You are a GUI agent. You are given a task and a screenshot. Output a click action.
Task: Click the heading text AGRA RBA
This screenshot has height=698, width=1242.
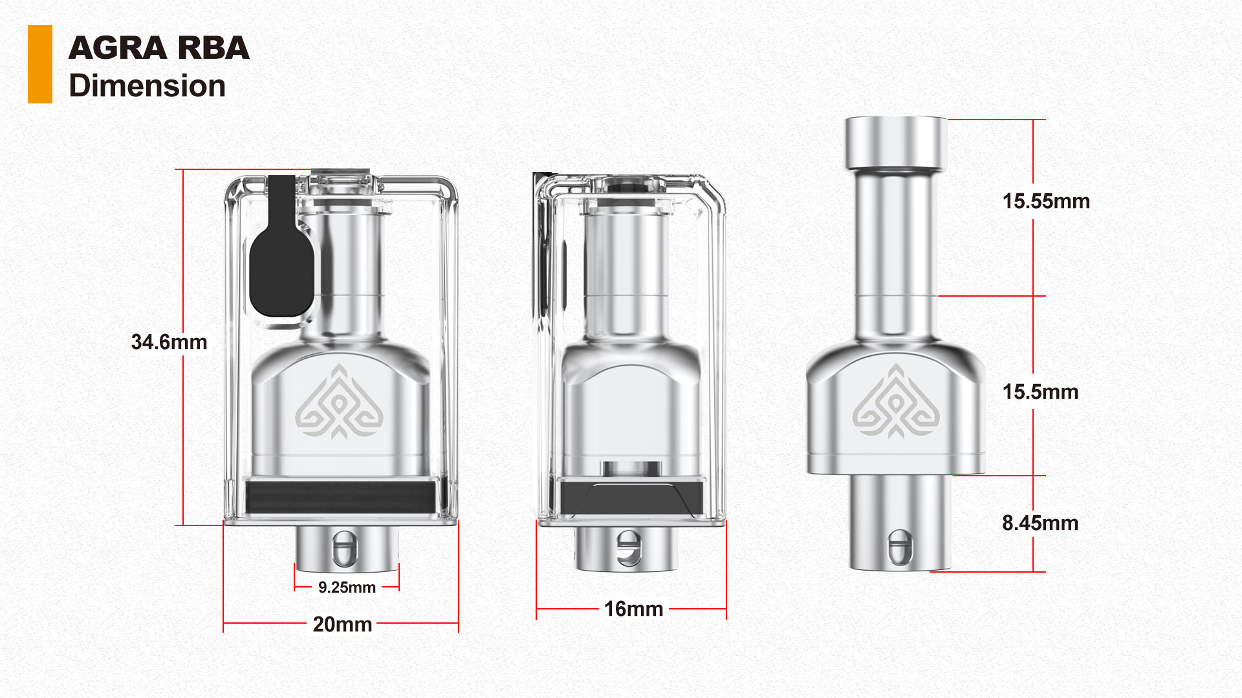tap(158, 48)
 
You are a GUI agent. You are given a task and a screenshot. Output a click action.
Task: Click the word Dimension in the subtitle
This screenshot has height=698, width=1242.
tap(147, 86)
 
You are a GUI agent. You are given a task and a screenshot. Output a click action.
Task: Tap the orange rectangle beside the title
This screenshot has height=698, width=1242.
tap(39, 64)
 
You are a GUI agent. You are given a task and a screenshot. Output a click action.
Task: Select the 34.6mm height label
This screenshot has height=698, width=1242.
tap(169, 342)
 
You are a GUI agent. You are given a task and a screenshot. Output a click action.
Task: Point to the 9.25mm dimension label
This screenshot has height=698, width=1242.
tap(347, 587)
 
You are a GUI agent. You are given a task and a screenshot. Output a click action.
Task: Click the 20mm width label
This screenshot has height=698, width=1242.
tap(342, 624)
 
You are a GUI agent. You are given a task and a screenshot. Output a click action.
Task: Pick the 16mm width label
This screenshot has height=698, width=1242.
tap(633, 609)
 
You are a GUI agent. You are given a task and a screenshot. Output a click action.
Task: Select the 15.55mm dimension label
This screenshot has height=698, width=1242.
tap(1046, 201)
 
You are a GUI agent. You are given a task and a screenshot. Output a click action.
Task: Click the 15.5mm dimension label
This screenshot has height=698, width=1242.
tap(1040, 392)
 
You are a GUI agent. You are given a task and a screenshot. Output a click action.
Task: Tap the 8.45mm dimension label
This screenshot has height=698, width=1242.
tap(1040, 523)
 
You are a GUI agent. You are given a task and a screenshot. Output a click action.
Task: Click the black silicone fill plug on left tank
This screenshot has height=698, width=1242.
tap(281, 271)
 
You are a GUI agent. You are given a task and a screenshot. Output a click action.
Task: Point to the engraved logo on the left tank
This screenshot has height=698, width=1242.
tap(338, 402)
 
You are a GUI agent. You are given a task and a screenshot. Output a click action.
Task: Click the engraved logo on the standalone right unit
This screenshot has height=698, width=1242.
tap(895, 402)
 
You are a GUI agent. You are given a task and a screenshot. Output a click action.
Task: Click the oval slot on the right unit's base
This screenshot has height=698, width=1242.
tap(899, 547)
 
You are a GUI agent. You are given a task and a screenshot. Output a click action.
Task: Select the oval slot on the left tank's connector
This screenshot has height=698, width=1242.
tap(344, 549)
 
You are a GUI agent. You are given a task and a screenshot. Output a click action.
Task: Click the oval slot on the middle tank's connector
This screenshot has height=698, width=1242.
tap(628, 548)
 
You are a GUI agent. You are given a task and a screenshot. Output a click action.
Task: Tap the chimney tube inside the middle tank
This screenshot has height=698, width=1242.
tap(626, 271)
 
